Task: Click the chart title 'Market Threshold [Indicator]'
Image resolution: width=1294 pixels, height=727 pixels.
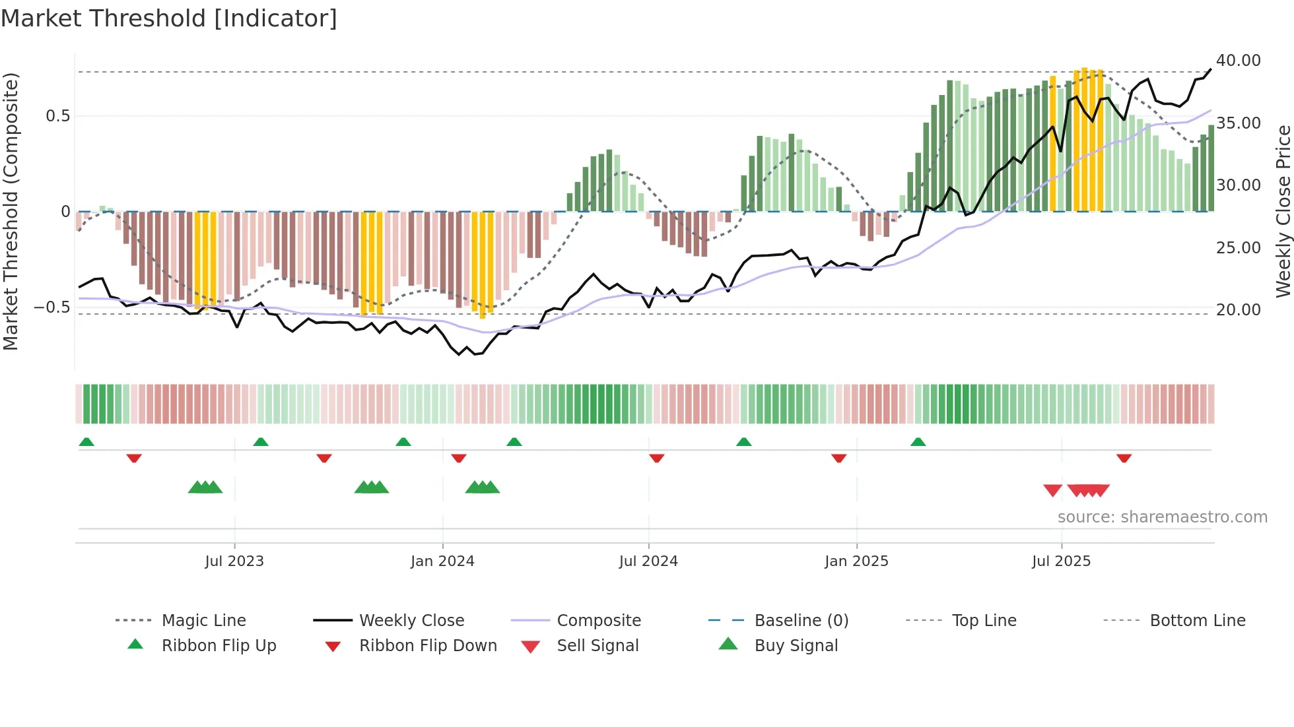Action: pyautogui.click(x=169, y=18)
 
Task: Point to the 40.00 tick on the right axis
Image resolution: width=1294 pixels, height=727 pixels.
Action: pyautogui.click(x=1238, y=61)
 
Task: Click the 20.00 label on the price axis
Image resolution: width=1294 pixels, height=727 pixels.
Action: pyautogui.click(x=1238, y=310)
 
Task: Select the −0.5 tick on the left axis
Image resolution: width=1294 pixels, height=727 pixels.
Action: pyautogui.click(x=51, y=307)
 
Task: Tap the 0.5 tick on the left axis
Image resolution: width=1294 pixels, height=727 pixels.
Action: pyautogui.click(x=57, y=116)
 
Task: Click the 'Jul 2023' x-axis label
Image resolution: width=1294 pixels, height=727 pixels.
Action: pyautogui.click(x=234, y=561)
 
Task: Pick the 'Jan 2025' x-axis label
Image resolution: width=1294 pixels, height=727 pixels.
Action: pyautogui.click(x=856, y=561)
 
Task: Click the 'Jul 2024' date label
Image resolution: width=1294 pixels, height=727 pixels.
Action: pyautogui.click(x=648, y=561)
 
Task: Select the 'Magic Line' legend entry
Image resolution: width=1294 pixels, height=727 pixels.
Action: pyautogui.click(x=203, y=621)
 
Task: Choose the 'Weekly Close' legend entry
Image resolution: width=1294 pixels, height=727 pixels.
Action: pyautogui.click(x=411, y=621)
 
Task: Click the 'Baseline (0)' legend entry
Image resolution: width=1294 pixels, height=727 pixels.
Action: pyautogui.click(x=801, y=621)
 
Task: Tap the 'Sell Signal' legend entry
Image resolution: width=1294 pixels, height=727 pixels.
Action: pyautogui.click(x=597, y=646)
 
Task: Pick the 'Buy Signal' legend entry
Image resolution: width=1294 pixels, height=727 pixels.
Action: pyautogui.click(x=796, y=646)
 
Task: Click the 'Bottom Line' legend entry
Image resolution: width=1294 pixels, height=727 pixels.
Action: pyautogui.click(x=1197, y=621)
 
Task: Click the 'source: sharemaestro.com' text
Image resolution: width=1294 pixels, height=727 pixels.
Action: pyautogui.click(x=1162, y=517)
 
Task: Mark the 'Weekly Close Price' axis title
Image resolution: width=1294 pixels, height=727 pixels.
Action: pyautogui.click(x=1283, y=211)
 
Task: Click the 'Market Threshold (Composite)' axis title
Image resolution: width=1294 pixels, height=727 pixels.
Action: pyautogui.click(x=11, y=211)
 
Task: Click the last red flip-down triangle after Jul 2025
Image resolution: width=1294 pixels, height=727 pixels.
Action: pyautogui.click(x=1124, y=458)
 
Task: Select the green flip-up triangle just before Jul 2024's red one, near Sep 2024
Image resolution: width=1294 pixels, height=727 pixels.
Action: pyautogui.click(x=743, y=442)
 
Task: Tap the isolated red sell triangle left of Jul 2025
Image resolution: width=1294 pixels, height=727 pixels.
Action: pyautogui.click(x=1052, y=490)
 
